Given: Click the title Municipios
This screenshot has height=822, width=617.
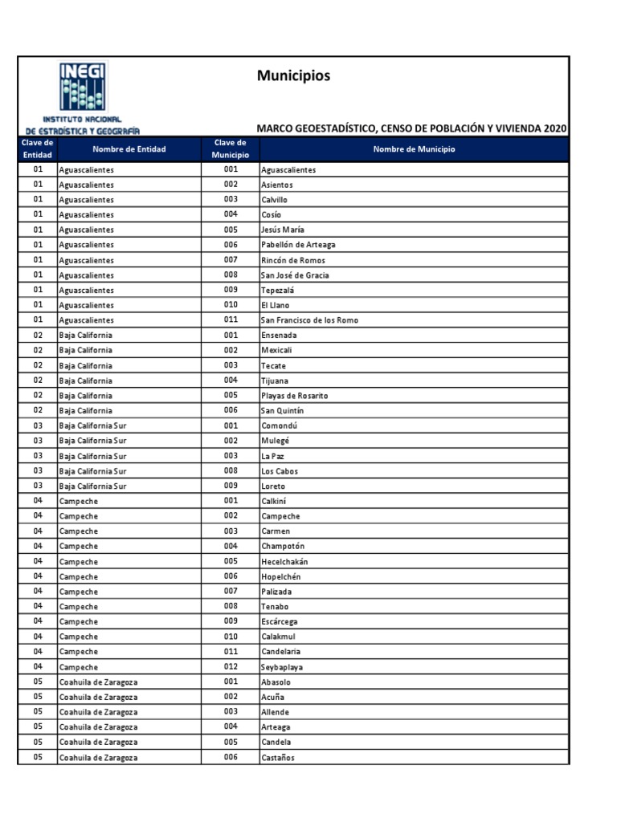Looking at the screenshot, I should pos(293,76).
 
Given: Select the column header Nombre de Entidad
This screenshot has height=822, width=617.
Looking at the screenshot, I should pos(129,149).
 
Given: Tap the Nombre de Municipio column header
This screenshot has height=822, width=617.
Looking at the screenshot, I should pos(414,149).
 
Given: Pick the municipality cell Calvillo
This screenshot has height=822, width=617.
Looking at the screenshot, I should pos(274,200).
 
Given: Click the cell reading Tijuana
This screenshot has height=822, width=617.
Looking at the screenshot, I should pos(274,380).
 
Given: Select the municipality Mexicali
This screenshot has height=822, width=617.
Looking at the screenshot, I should pos(276,351).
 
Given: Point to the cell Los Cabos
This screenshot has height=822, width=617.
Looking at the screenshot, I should pos(279,471).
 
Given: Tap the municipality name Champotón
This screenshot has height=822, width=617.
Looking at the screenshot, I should pos(283,547).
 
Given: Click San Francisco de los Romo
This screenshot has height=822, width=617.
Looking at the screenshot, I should pos(309,320).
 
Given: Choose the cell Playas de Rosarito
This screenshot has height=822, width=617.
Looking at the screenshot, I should pos(294,396).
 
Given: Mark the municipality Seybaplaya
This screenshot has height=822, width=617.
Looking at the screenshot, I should pos(282,667).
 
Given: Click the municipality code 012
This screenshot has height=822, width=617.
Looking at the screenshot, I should pos(231,667).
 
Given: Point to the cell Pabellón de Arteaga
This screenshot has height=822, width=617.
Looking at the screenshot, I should pos(298,245).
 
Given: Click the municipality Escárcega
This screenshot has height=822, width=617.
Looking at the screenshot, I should pos(280,622).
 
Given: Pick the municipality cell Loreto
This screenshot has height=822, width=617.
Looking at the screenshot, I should pos(273,486).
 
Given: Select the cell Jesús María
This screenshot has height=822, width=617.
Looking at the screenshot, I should pos(282,230).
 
